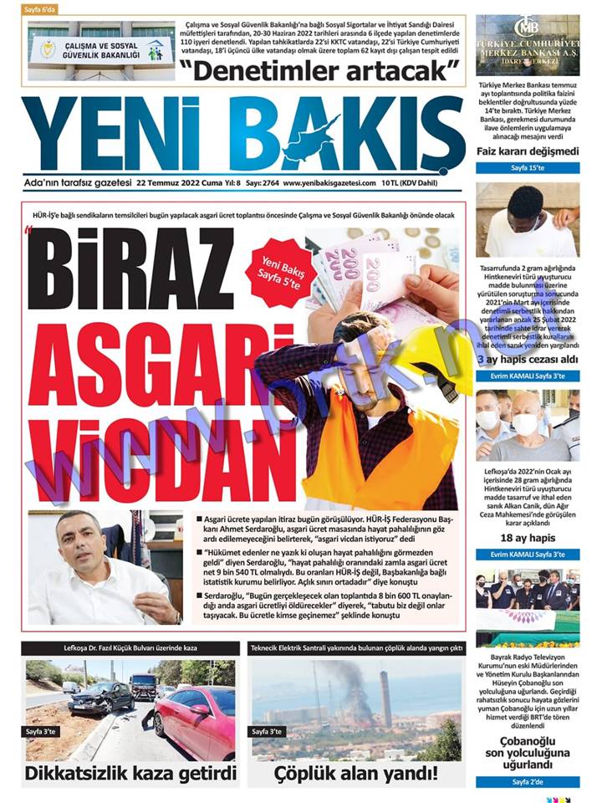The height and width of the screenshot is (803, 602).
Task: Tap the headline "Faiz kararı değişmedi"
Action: pyautogui.click(x=528, y=151)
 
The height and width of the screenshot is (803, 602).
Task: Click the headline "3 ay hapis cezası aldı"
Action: pyautogui.click(x=528, y=360)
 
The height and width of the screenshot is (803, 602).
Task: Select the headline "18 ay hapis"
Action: pyautogui.click(x=528, y=538)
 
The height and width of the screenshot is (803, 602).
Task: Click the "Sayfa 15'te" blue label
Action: pyautogui.click(x=528, y=168)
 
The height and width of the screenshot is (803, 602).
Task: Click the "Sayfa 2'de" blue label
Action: pyautogui.click(x=528, y=782)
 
